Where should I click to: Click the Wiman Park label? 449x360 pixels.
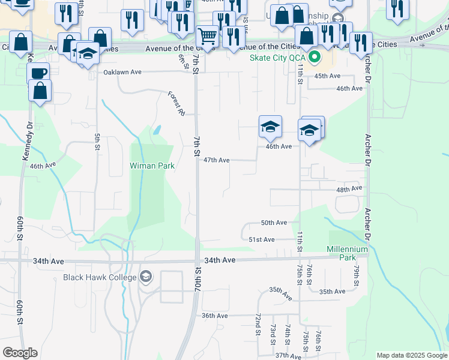(152, 166)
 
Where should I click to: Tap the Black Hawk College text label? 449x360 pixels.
(100, 277)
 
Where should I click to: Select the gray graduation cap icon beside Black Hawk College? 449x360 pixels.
(145, 277)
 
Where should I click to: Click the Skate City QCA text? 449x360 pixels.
(278, 58)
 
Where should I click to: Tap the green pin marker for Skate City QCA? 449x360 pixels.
(314, 58)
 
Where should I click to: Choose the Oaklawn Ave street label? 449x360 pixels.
(122, 72)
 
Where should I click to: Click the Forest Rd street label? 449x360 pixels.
(175, 103)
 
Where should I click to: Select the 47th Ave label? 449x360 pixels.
(216, 160)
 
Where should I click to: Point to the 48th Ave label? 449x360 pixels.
(349, 189)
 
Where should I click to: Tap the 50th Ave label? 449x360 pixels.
(274, 223)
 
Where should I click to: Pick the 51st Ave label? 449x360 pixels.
(262, 239)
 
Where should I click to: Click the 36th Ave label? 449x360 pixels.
(214, 316)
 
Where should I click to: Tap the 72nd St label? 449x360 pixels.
(257, 325)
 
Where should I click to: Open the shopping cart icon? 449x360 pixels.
(208, 35)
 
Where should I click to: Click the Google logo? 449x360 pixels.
(20, 353)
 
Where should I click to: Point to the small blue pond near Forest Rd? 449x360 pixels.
(157, 129)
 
